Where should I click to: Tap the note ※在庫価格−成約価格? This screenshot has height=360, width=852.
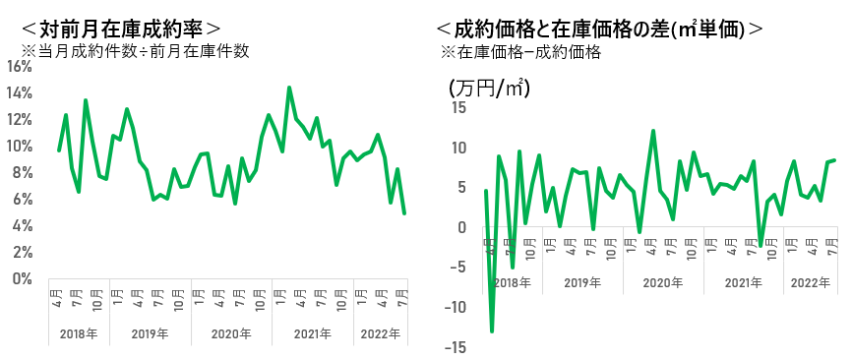521,53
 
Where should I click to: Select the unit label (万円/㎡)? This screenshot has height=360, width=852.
489,87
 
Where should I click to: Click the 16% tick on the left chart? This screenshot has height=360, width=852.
22,67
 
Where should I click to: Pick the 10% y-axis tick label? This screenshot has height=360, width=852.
22,146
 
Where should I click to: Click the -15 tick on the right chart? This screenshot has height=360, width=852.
456,347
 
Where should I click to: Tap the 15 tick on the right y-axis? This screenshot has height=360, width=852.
459,107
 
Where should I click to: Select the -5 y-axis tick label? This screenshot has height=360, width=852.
458,268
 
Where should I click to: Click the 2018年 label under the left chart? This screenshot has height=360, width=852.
80,332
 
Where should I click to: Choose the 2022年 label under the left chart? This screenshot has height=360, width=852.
382,332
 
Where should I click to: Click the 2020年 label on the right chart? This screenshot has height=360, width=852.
661,282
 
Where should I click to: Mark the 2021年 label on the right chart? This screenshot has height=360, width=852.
744,282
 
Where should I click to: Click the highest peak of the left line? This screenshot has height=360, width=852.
289,88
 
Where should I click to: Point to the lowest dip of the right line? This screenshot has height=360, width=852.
492,331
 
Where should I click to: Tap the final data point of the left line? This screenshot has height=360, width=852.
404,212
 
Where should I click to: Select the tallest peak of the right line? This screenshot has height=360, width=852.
653,131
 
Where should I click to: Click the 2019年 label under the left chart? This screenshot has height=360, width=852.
150,332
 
